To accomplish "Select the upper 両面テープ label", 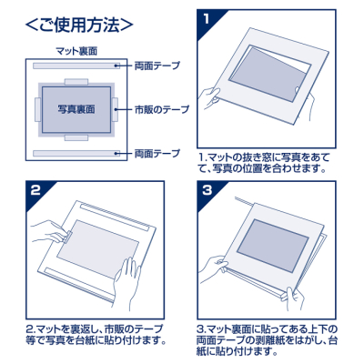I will tap(157, 66).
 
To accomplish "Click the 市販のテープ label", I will tap(162, 109).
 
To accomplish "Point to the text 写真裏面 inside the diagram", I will tap(76, 109).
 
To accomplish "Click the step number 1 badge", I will tap(208, 19).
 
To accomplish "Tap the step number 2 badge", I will tap(35, 190).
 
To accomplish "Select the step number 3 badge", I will tap(208, 190).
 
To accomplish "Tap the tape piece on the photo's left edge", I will tap(37, 109).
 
